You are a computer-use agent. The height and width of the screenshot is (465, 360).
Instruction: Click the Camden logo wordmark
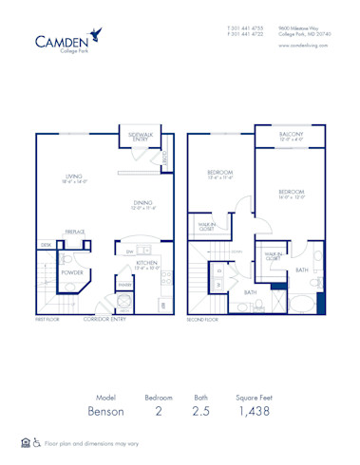[62, 41]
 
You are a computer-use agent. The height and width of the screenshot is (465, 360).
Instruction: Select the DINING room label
[143, 203]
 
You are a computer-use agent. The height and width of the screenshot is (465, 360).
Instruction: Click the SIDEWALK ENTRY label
[142, 137]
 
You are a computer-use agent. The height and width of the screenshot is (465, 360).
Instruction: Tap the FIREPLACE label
[75, 231]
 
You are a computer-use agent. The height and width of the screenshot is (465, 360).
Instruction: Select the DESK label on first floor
[45, 244]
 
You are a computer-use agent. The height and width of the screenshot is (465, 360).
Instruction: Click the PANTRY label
[124, 284]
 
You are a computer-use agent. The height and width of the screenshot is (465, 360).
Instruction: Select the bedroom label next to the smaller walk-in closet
[220, 174]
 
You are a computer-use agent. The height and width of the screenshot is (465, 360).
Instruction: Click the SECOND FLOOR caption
[203, 321]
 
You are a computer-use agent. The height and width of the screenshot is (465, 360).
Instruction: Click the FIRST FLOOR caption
[47, 321]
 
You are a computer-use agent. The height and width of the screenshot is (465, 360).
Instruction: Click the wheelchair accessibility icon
[36, 443]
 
